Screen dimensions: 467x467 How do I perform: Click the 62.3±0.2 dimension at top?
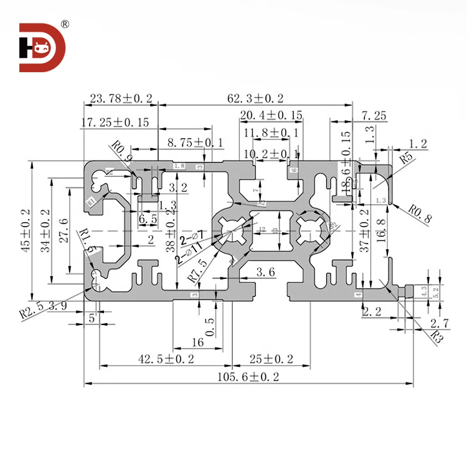pyautogui.click(x=255, y=98)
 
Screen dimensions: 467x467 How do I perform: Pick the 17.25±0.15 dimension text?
pyautogui.click(x=115, y=123)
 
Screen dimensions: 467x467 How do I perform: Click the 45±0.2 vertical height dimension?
pyautogui.click(x=26, y=230)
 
